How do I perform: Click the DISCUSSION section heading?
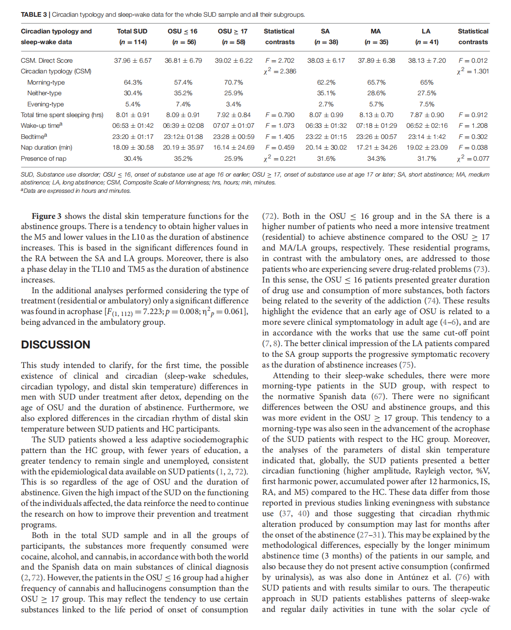(x=56, y=345)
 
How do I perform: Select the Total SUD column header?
(x=132, y=32)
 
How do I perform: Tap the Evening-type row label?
(x=46, y=104)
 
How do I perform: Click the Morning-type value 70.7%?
(x=234, y=82)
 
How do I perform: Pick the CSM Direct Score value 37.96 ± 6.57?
(x=133, y=60)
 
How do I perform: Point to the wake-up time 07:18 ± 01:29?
(x=377, y=125)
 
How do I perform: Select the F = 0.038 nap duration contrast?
(x=473, y=147)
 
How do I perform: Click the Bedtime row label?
(x=34, y=137)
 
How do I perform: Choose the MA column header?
(x=376, y=32)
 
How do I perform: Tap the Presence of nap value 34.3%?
(x=376, y=158)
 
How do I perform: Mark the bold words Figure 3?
(x=46, y=216)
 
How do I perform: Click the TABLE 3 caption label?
(x=34, y=14)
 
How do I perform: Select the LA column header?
(x=426, y=32)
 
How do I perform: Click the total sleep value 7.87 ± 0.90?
(x=427, y=115)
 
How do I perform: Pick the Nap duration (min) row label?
(x=46, y=147)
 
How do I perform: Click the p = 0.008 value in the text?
(x=180, y=311)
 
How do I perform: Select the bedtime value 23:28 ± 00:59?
(x=234, y=137)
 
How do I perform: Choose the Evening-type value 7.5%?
(x=427, y=104)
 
